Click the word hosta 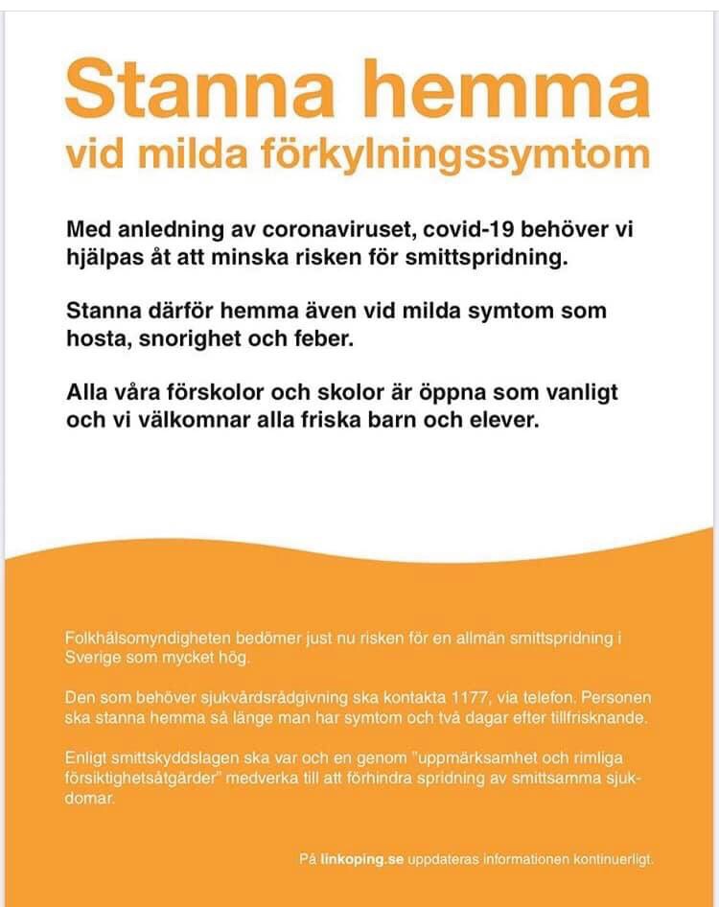click(x=94, y=339)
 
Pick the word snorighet click(x=194, y=339)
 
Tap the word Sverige click(x=93, y=660)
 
